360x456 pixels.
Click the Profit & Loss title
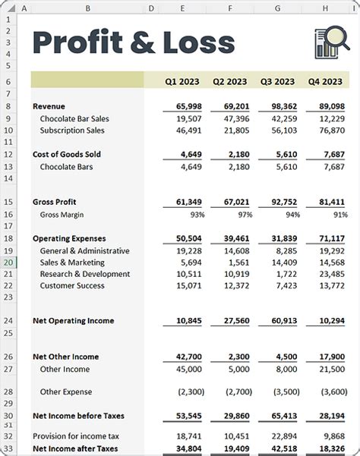coord(133,42)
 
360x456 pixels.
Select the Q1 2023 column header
coord(182,81)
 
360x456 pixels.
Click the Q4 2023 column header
coord(325,81)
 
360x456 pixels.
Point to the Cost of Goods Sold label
coord(67,154)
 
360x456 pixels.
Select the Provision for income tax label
coord(76,436)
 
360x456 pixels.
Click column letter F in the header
coord(230,8)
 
